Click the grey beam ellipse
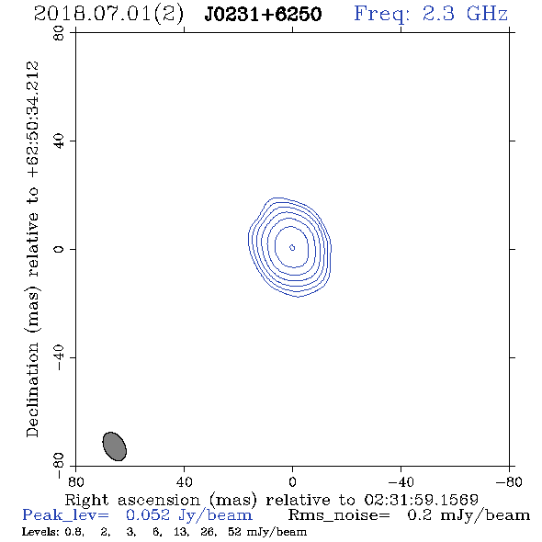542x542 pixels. tap(115, 446)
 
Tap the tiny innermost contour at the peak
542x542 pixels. tap(292, 247)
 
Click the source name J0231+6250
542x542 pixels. tap(263, 14)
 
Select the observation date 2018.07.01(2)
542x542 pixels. tap(108, 14)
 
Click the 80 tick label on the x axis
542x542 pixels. tap(75, 481)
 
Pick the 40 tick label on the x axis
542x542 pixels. tap(184, 481)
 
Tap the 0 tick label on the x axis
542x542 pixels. tap(292, 481)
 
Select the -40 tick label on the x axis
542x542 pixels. tap(401, 481)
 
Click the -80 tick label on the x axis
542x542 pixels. tap(509, 481)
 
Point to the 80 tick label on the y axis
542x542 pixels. tap(59, 33)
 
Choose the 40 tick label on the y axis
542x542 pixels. tap(59, 141)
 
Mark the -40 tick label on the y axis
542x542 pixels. tap(59, 357)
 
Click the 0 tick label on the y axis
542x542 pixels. tap(59, 249)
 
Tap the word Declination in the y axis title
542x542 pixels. tap(33, 390)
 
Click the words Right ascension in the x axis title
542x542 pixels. tap(132, 500)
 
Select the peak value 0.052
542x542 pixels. tap(148, 515)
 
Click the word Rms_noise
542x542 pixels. tap(339, 515)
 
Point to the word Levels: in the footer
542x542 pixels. tap(40, 531)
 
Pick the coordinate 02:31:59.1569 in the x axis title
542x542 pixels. tap(421, 500)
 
